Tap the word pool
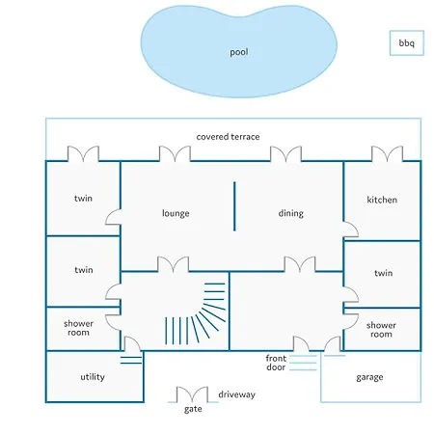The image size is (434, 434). (239, 52)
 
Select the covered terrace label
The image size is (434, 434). (228, 137)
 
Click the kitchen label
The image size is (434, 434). (382, 200)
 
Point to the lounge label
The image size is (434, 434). (176, 213)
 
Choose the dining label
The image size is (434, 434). (291, 213)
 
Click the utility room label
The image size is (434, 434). (93, 377)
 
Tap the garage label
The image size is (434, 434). (369, 377)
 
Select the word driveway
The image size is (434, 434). (237, 394)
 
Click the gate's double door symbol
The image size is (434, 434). (193, 394)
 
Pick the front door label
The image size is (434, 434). (276, 363)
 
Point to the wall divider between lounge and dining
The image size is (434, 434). (234, 206)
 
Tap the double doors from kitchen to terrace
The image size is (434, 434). (387, 154)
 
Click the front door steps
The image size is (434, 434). (303, 363)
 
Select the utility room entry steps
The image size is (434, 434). (131, 360)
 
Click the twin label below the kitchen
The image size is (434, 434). (384, 273)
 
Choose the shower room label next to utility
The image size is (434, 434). (78, 328)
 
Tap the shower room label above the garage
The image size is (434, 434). (381, 330)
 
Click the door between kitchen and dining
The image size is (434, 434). (351, 230)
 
